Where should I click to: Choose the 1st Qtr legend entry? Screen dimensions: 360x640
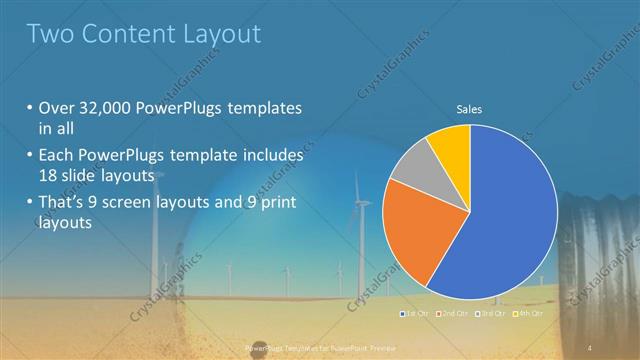414,314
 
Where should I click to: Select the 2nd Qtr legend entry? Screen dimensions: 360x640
455,314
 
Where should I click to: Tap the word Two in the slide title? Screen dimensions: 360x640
50,34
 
